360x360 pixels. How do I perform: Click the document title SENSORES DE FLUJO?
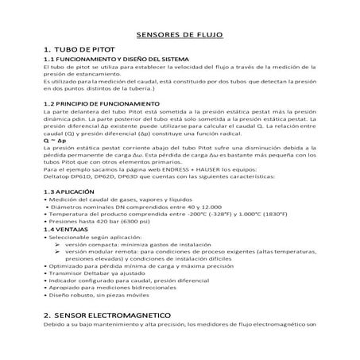pyautogui.click(x=180, y=36)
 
